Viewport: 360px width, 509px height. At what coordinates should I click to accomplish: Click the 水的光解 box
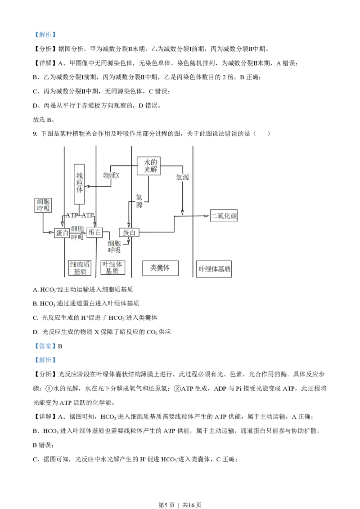click(x=148, y=166)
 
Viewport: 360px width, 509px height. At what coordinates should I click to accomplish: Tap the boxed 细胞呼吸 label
click(x=43, y=205)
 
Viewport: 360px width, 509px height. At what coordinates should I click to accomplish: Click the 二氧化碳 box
click(x=224, y=216)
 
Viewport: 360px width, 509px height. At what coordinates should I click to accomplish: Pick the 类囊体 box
click(x=160, y=268)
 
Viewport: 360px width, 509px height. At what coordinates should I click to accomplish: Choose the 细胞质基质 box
click(x=80, y=268)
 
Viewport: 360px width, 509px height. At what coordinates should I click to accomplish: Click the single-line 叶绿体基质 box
click(x=214, y=269)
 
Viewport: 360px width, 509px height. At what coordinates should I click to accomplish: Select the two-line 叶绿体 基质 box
click(x=112, y=268)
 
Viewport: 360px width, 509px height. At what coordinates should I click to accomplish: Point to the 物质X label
click(x=111, y=175)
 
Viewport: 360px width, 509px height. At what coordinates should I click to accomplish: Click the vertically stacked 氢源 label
click(x=139, y=201)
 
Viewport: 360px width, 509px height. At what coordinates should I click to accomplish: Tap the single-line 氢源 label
click(x=183, y=177)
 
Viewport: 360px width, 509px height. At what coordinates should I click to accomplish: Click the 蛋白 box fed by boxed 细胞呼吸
click(x=62, y=232)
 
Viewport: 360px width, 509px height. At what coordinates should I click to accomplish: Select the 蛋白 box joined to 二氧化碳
click(x=129, y=232)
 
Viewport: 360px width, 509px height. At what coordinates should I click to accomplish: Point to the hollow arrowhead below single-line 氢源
click(x=182, y=212)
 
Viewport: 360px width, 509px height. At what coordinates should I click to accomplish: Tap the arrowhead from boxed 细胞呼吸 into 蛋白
click(x=52, y=232)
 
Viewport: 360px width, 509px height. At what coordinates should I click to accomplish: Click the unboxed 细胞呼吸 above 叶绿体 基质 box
click(x=114, y=246)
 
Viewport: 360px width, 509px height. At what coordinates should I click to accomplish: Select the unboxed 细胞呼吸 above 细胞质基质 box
click(x=77, y=233)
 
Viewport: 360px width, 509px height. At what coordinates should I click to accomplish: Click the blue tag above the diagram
click(x=45, y=35)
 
